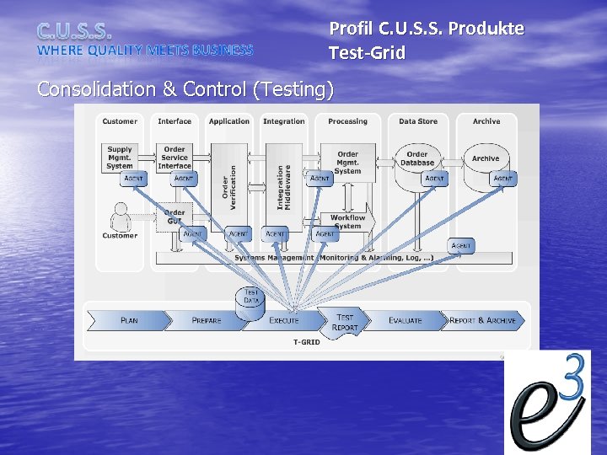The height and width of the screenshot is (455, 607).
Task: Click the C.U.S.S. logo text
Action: (74, 32)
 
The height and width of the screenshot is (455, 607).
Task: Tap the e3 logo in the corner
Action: (547, 402)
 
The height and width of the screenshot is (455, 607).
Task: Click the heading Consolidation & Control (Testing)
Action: (185, 89)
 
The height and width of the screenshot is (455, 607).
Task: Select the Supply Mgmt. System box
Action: (121, 157)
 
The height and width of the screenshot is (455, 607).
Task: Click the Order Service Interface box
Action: (175, 158)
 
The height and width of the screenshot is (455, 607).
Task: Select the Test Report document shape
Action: (346, 322)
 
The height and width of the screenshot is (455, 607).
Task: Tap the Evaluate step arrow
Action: (406, 320)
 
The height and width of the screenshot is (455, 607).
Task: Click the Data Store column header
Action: (418, 121)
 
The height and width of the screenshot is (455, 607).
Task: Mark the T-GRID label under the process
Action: (307, 342)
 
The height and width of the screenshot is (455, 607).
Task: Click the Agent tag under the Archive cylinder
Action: (503, 179)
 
